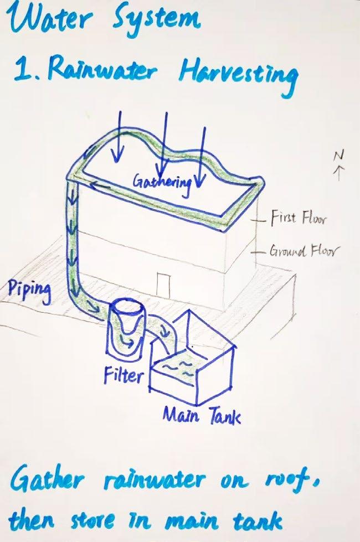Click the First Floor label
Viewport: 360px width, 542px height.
(x=299, y=219)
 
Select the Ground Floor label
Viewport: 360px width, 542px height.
(x=302, y=252)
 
